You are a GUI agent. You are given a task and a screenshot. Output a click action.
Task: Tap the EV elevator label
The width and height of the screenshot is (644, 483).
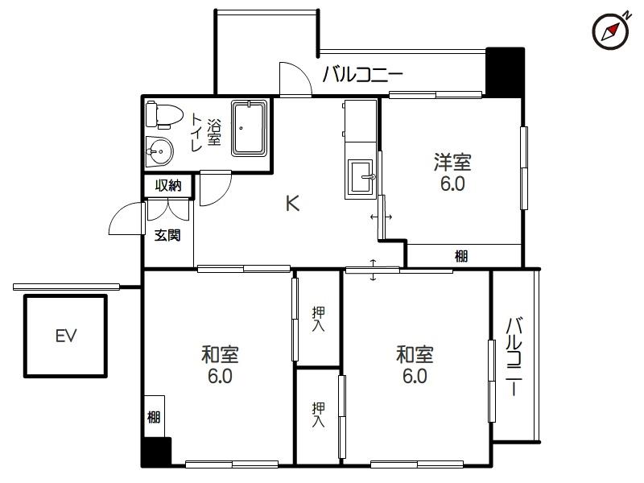pyautogui.click(x=66, y=336)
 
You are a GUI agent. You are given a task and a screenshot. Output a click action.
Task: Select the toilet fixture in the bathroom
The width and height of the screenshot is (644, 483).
pyautogui.click(x=163, y=116)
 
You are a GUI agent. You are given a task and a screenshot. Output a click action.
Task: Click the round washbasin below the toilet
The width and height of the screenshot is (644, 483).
pyautogui.click(x=160, y=151)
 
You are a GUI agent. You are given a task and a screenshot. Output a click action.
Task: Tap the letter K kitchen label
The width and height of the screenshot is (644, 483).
pyautogui.click(x=292, y=204)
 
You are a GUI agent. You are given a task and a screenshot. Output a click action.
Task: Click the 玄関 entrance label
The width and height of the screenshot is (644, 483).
pyautogui.click(x=168, y=235)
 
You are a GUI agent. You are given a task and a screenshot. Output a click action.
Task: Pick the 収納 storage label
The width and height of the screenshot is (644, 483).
pyautogui.click(x=168, y=186)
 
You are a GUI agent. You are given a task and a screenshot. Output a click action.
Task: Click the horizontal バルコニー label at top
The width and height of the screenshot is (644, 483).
pyautogui.click(x=362, y=76)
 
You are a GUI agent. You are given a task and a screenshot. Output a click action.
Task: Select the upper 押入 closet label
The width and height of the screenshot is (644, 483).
pyautogui.click(x=318, y=319)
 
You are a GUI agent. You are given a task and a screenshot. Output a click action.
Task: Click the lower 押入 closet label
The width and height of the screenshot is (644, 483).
pyautogui.click(x=318, y=414)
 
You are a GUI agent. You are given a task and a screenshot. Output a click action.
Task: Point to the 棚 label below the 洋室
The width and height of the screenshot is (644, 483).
pyautogui.click(x=461, y=256)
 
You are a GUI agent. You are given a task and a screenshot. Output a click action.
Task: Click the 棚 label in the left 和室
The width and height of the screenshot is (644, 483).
pyautogui.click(x=154, y=417)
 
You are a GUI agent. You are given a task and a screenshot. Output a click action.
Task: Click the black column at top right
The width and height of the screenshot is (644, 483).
pyautogui.click(x=505, y=71)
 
